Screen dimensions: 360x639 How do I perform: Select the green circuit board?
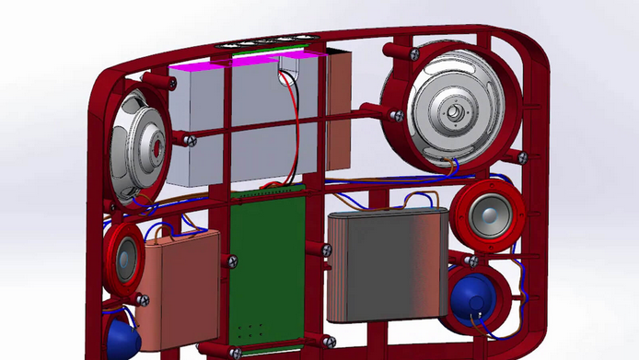pyautogui.click(x=268, y=267)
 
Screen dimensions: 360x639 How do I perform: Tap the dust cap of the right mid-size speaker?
pyautogui.click(x=487, y=215)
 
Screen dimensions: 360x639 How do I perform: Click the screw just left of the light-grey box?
pyautogui.click(x=191, y=140)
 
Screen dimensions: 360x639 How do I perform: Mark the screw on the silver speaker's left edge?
pyautogui.click(x=397, y=115)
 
